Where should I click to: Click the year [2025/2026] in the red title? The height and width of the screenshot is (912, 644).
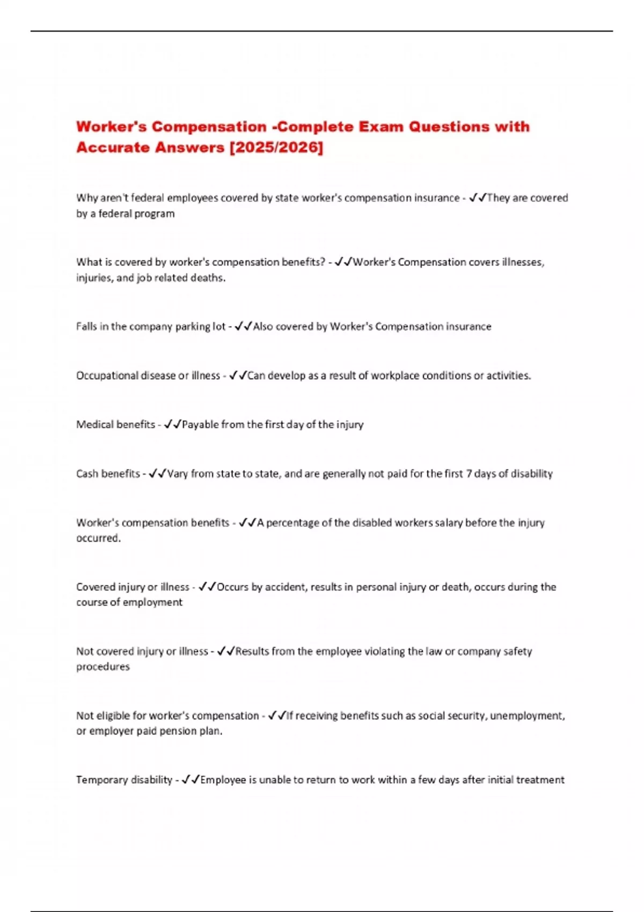[276, 147]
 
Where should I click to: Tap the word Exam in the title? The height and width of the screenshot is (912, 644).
[381, 127]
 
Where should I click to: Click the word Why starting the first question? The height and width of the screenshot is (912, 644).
[87, 198]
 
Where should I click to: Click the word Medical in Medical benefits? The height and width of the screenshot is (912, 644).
[94, 424]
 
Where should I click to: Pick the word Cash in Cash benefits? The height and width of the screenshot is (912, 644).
[87, 474]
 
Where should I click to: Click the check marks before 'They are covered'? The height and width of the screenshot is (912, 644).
[478, 198]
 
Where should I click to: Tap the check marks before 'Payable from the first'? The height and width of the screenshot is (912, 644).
[173, 424]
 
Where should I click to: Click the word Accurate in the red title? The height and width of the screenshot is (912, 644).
[113, 147]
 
